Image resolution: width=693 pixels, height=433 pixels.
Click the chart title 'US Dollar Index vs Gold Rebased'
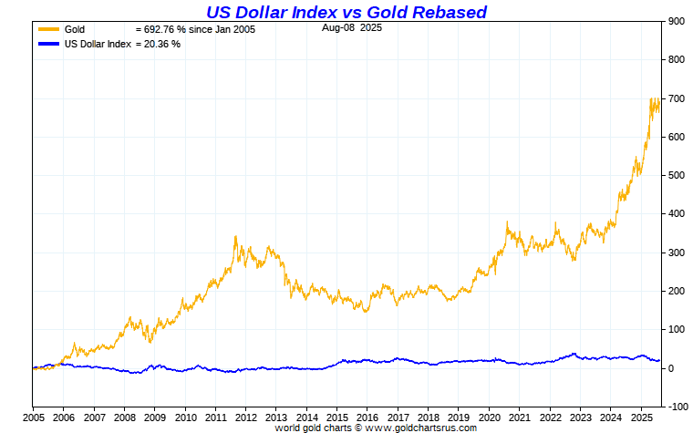pos(346,12)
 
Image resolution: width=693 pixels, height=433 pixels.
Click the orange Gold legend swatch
pos(48,30)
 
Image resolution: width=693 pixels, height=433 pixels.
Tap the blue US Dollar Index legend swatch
pos(48,44)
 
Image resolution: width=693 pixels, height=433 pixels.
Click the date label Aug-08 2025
pos(351,28)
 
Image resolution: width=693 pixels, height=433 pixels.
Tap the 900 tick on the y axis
pos(676,21)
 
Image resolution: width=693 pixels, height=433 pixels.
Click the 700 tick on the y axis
pos(676,98)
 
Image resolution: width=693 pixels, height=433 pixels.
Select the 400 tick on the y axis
pos(676,214)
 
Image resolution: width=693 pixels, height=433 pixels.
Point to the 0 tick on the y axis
pos(670,368)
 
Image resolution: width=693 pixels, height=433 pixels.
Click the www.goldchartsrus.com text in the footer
pos(420,427)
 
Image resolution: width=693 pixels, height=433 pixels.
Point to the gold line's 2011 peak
pos(235,236)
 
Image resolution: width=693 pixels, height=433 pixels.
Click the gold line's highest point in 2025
pos(651,98)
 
